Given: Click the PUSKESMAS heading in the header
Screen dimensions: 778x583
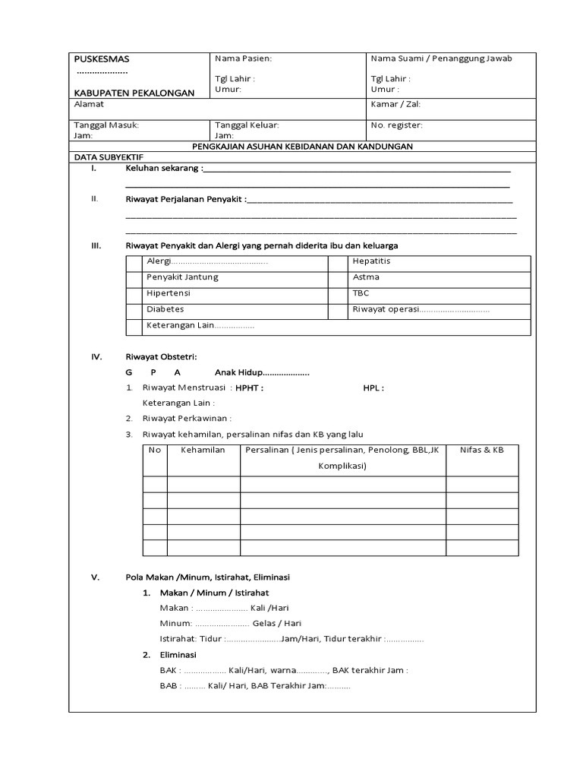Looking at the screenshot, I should (102, 59).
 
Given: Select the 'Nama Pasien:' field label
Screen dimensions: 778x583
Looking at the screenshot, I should (243, 59).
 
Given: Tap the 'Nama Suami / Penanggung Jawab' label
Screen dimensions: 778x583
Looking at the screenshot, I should (441, 59).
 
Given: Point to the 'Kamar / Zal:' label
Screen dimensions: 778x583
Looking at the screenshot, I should (395, 104).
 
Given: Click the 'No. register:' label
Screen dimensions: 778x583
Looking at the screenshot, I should (396, 125).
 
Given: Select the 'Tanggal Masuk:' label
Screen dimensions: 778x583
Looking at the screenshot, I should (106, 125).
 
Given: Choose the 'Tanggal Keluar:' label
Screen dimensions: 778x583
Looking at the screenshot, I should (247, 125).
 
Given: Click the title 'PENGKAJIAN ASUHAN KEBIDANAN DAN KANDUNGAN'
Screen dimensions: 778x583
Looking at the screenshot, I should (301, 146).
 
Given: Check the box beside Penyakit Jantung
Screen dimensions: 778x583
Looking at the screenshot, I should (134, 277).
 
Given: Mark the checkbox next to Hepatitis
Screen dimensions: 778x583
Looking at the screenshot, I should (337, 261).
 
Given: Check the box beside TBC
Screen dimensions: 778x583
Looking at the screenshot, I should (337, 293).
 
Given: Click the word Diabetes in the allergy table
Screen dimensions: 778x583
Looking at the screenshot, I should (165, 310).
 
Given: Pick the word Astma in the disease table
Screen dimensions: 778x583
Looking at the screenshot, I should (366, 277).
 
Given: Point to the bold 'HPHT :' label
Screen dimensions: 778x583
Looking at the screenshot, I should (249, 387).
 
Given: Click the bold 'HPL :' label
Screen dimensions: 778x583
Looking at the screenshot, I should (373, 387).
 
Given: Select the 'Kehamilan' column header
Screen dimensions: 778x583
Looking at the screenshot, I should (203, 451).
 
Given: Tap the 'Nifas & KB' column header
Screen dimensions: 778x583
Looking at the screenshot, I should (481, 451).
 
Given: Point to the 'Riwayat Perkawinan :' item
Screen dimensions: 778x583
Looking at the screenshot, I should (187, 419).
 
